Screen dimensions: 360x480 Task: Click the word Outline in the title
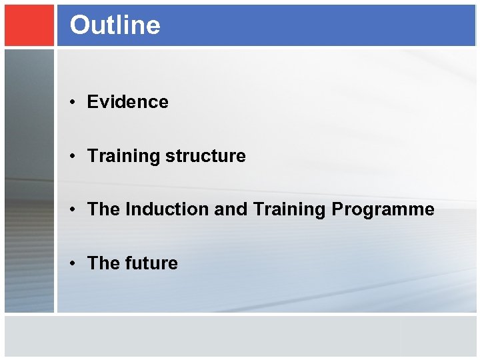coord(115,25)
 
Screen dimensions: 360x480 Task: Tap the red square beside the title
coord(29,25)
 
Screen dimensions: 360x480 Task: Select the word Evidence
coord(127,102)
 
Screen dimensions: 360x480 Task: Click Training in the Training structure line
coord(123,156)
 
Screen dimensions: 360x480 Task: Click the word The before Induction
coord(103,209)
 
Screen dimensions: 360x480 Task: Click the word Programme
coord(383,210)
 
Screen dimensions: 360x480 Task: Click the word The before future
coord(103,263)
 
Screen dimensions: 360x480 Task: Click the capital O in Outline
coord(79,25)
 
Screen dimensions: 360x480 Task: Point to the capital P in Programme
coord(337,209)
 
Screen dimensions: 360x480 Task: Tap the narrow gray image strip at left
coord(29,180)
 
